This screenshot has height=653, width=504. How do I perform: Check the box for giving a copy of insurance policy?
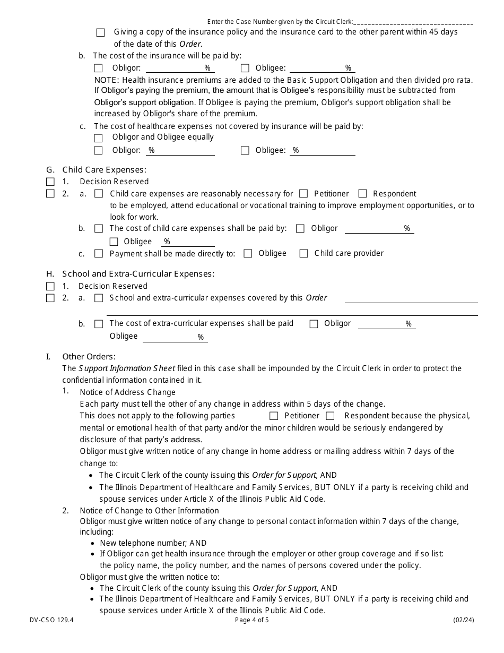[101, 33]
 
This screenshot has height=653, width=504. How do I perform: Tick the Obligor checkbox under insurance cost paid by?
[98, 68]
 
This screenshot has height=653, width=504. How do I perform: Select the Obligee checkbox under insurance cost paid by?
[245, 68]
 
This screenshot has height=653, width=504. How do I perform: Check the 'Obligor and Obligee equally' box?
[98, 138]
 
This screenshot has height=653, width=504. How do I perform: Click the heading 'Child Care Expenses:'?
[104, 170]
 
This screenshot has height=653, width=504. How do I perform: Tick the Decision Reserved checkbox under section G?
[50, 182]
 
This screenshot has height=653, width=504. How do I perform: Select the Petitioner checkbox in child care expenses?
[303, 194]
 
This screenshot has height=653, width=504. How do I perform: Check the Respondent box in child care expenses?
[363, 194]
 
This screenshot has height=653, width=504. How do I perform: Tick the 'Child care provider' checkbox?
[303, 254]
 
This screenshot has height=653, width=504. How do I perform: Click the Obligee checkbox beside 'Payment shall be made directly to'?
[248, 254]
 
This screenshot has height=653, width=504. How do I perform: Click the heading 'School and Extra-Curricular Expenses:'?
[138, 274]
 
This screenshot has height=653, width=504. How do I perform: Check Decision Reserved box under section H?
[50, 286]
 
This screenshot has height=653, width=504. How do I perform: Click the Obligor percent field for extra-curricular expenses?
[386, 324]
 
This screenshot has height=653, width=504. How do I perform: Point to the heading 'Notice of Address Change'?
[127, 392]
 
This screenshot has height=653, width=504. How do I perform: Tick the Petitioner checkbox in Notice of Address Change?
[274, 416]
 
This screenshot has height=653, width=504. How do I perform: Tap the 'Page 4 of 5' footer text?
[252, 620]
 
